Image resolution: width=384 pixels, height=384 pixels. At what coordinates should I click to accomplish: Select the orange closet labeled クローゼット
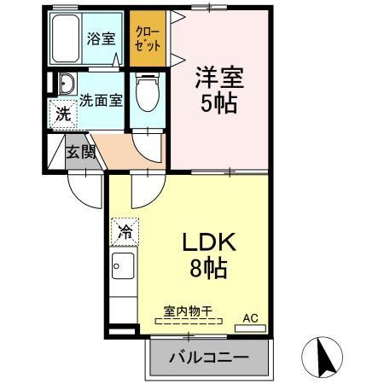147,38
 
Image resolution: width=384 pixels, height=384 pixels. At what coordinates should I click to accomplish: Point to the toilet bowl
149,93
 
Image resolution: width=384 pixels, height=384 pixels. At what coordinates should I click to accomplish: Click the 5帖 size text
219,106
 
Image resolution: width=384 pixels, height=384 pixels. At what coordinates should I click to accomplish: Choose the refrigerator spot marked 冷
125,230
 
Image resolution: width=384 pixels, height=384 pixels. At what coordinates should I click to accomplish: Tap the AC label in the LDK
250,318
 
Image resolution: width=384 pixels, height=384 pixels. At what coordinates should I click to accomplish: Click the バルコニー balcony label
208,356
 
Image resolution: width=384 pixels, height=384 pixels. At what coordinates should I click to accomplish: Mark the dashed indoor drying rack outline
189,323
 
